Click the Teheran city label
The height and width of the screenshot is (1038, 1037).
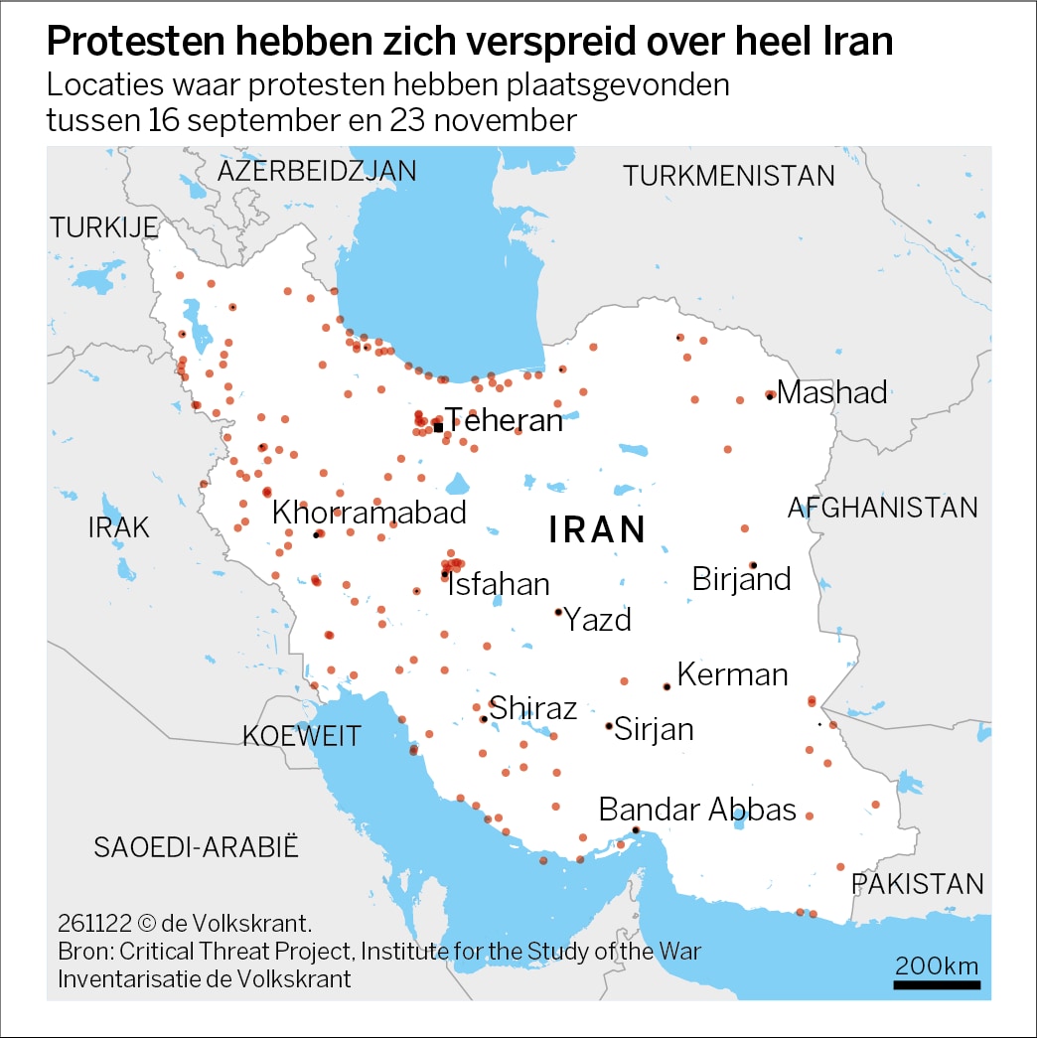pyautogui.click(x=504, y=420)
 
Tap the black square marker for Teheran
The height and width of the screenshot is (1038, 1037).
pyautogui.click(x=438, y=427)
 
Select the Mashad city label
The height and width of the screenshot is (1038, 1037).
pyautogui.click(x=832, y=392)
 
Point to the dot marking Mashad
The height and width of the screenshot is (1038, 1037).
pyautogui.click(x=770, y=395)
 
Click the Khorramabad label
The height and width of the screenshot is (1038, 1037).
pyautogui.click(x=370, y=513)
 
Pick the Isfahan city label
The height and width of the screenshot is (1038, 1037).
pyautogui.click(x=499, y=584)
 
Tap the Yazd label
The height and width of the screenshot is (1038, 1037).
pyautogui.click(x=598, y=620)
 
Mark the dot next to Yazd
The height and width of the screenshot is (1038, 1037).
pyautogui.click(x=558, y=612)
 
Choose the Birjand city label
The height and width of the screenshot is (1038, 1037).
pyautogui.click(x=741, y=579)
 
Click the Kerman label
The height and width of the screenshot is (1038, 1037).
pyautogui.click(x=732, y=675)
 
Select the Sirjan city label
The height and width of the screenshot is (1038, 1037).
pyautogui.click(x=654, y=730)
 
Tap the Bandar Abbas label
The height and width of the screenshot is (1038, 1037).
pyautogui.click(x=697, y=810)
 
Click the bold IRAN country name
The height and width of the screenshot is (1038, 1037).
pyautogui.click(x=598, y=529)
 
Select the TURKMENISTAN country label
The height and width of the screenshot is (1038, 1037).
pyautogui.click(x=729, y=176)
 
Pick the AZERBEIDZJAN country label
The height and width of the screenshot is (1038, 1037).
pyautogui.click(x=317, y=171)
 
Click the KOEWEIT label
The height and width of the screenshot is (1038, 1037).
pyautogui.click(x=302, y=736)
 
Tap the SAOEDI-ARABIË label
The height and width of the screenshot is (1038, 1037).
pyautogui.click(x=197, y=847)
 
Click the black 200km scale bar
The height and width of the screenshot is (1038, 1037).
pyautogui.click(x=937, y=984)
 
